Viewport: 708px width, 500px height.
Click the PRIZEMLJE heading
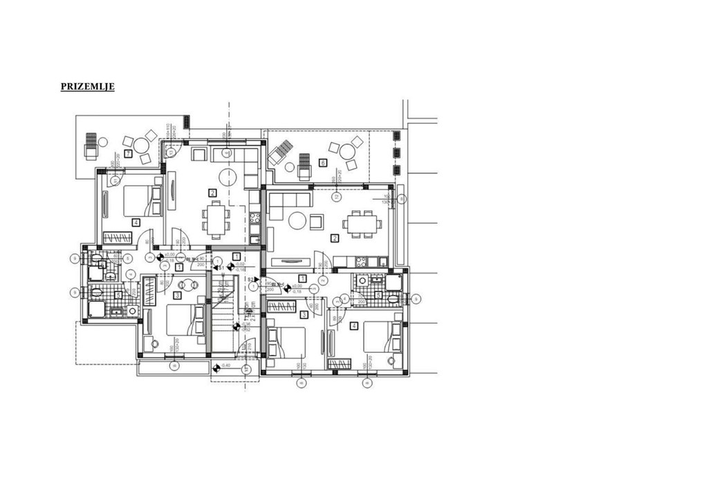pyautogui.click(x=87, y=86)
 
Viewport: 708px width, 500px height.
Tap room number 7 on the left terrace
pyautogui.click(x=128, y=153)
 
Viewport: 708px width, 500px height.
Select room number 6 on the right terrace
pyautogui.click(x=322, y=163)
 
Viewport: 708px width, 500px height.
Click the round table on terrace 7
pyautogui.click(x=141, y=145)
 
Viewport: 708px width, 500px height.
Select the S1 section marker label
pyautogui.click(x=221, y=267)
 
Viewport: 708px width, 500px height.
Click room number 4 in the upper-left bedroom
pyautogui.click(x=136, y=222)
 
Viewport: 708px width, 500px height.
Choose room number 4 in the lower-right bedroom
pyautogui.click(x=354, y=326)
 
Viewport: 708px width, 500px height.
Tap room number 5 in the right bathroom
pyautogui.click(x=378, y=295)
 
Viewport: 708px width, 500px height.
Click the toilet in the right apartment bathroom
pyautogui.click(x=393, y=298)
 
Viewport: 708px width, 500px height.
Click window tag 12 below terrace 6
pyautogui.click(x=337, y=196)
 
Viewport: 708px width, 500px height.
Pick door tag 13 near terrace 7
pyautogui.click(x=171, y=152)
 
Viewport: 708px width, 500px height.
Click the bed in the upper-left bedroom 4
pyautogui.click(x=141, y=200)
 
